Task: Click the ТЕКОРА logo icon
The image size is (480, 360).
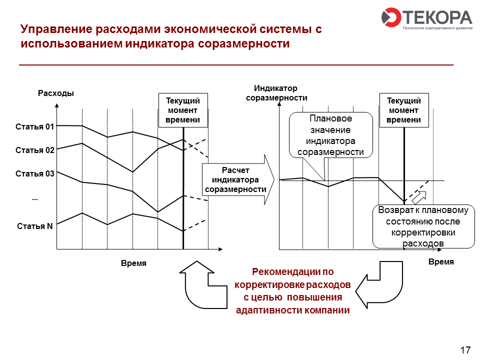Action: tap(391, 17)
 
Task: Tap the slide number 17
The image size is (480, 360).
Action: tap(465, 350)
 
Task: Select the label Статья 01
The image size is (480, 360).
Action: tap(35, 126)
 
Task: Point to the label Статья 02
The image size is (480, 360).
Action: tap(35, 150)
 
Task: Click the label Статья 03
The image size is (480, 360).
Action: tap(35, 174)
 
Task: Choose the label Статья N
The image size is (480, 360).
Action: tap(35, 226)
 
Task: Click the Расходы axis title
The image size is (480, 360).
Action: tap(56, 93)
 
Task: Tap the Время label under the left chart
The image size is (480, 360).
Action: tap(134, 263)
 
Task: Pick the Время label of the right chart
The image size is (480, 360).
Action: tap(441, 261)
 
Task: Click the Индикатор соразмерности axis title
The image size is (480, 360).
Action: tap(276, 93)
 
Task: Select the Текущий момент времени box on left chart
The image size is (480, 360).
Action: tap(183, 110)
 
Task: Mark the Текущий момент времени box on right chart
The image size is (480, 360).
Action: tap(404, 110)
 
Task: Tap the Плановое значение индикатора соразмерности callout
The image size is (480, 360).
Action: tap(331, 135)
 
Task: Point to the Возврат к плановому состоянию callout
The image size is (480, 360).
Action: tap(423, 226)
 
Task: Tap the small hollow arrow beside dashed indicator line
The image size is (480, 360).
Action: tap(419, 197)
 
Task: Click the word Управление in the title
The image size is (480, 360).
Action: tap(56, 29)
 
